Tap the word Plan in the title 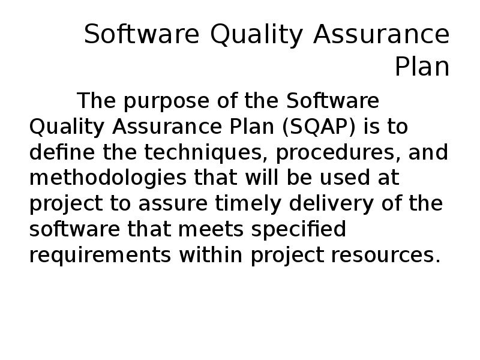tap(422, 67)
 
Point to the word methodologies tap(98, 178)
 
